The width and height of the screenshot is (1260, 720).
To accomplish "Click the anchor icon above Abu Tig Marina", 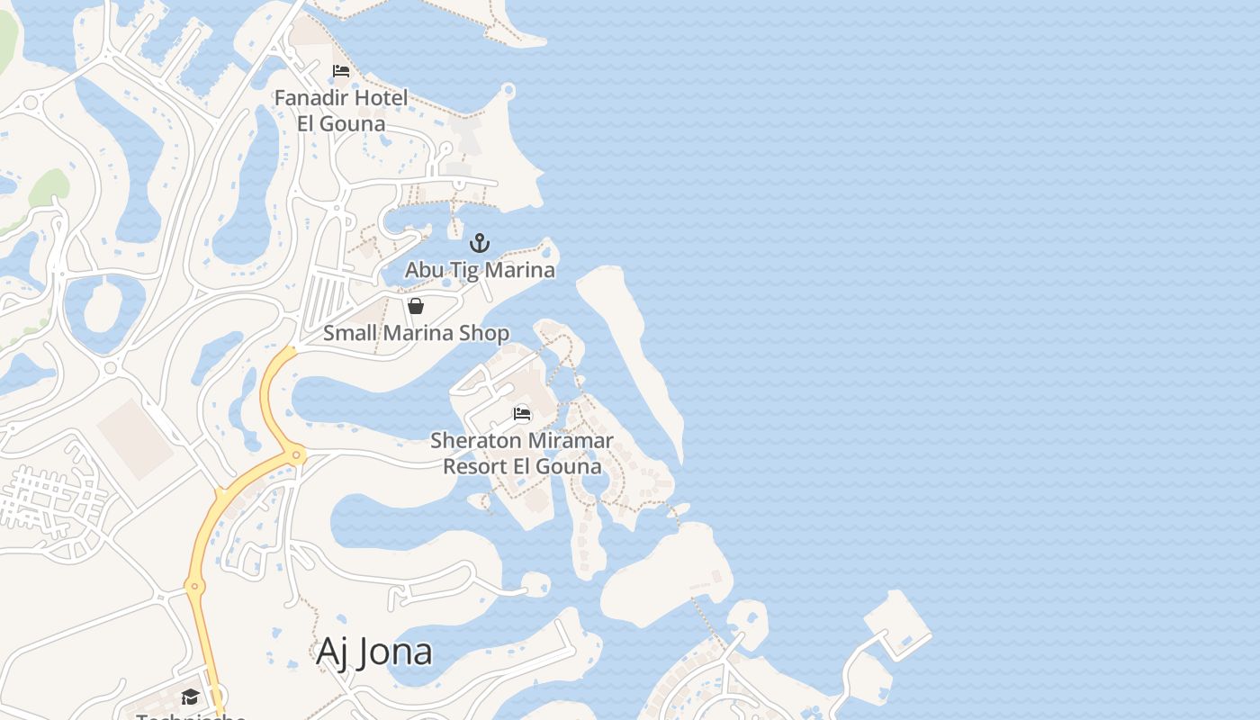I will click(480, 243).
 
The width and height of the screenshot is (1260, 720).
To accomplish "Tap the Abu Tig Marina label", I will click(480, 270).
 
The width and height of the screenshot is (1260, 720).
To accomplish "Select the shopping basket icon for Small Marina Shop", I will click(416, 306).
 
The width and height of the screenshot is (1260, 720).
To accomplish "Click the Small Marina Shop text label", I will click(416, 333).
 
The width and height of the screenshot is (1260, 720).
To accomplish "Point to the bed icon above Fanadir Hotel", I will click(341, 71).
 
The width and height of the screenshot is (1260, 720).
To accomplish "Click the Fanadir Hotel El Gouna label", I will click(341, 110).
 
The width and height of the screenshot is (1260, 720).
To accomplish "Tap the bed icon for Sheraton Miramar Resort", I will click(522, 414).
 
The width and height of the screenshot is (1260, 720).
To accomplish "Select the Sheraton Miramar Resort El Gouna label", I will click(522, 454).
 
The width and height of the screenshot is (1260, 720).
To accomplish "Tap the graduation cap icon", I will click(190, 697).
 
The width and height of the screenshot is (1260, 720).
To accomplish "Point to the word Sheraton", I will click(475, 441).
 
